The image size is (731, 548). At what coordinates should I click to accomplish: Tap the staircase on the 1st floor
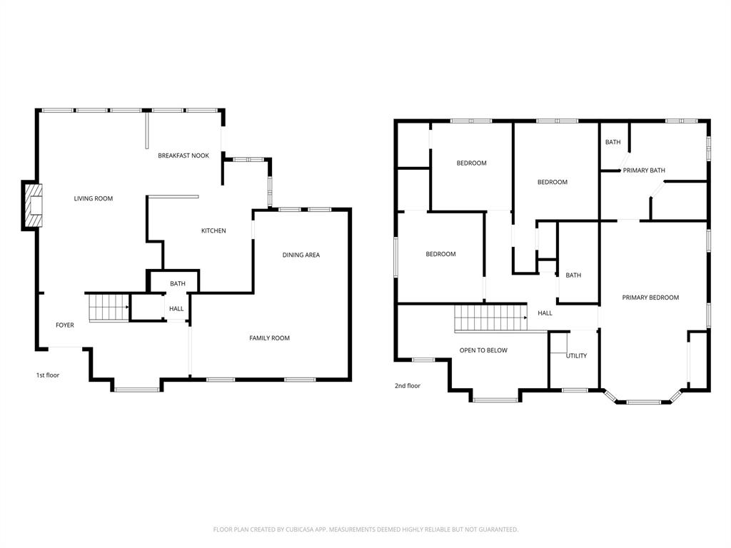[x=108, y=308]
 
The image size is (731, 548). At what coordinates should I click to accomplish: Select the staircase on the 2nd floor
[x=490, y=318]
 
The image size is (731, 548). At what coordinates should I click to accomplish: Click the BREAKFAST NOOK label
[x=183, y=156]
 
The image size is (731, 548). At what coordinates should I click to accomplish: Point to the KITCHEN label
[x=213, y=230]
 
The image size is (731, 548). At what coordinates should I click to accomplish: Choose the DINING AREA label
[x=301, y=255]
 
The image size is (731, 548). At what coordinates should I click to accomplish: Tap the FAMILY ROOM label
[x=269, y=338]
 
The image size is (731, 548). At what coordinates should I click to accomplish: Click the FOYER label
[x=65, y=325]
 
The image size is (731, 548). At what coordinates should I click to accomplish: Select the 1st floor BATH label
[x=178, y=284]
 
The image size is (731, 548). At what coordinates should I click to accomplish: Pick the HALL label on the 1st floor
[x=176, y=309]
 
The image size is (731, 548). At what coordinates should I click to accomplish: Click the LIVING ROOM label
[x=94, y=198]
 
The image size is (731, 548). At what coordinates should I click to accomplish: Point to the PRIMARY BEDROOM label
[x=650, y=298]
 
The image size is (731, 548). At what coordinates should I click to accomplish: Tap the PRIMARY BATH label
[x=644, y=171]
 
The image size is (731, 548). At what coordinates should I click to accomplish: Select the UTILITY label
[x=576, y=355]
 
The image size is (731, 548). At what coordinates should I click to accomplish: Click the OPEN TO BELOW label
[x=483, y=350]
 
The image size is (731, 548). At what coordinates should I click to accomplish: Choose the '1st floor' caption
[x=48, y=375]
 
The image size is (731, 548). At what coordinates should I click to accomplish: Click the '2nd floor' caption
[x=408, y=386]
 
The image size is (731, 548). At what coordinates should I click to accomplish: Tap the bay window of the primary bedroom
[x=643, y=402]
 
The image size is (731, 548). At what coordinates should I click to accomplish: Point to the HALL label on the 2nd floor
[x=545, y=313]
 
